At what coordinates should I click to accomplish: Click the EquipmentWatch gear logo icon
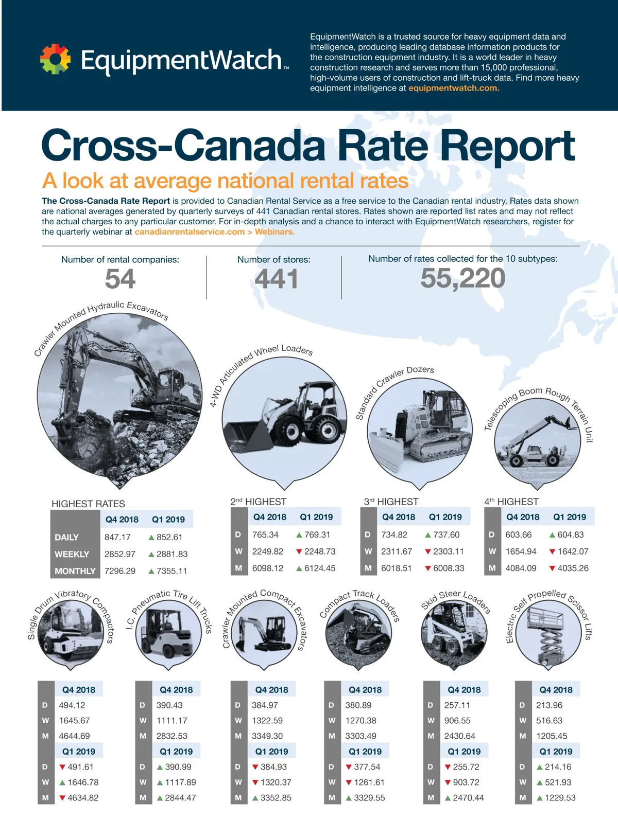[x=55, y=59]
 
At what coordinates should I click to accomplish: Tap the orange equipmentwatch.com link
[x=454, y=88]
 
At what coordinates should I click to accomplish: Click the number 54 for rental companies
[x=120, y=279]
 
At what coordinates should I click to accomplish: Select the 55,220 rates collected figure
[x=463, y=278]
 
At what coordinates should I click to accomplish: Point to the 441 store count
[x=277, y=279]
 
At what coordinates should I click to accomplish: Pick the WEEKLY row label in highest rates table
[x=72, y=554]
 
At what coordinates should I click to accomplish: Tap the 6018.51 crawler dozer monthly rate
[x=396, y=568]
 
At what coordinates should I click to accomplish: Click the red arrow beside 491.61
[x=62, y=768]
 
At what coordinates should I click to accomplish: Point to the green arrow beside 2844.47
[x=160, y=798]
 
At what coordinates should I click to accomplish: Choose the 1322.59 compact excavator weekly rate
[x=267, y=721]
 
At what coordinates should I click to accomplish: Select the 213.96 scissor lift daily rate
[x=549, y=705]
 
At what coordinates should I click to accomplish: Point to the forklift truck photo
[x=168, y=634]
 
